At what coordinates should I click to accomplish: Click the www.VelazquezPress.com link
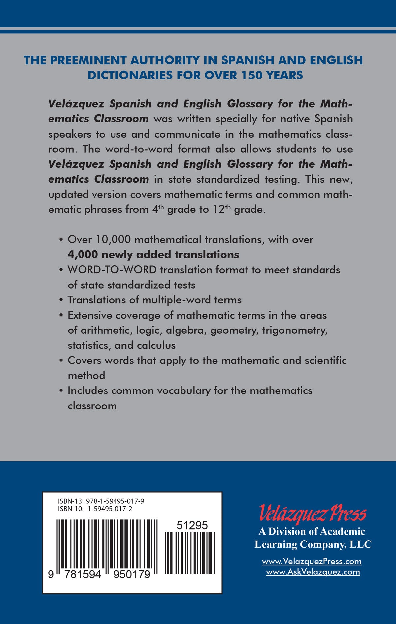point(312,561)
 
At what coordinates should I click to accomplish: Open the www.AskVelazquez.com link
point(313,572)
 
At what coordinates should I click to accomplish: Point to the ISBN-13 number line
point(101,501)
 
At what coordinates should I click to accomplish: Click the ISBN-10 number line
point(95,509)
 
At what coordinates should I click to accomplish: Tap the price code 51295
point(192,525)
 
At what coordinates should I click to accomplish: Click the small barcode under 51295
point(190,553)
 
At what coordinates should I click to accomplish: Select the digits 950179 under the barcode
point(132,575)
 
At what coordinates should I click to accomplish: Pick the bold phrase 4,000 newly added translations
point(153,255)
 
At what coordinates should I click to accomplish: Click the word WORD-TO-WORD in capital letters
point(112,270)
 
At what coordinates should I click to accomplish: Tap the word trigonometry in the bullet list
point(295,330)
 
